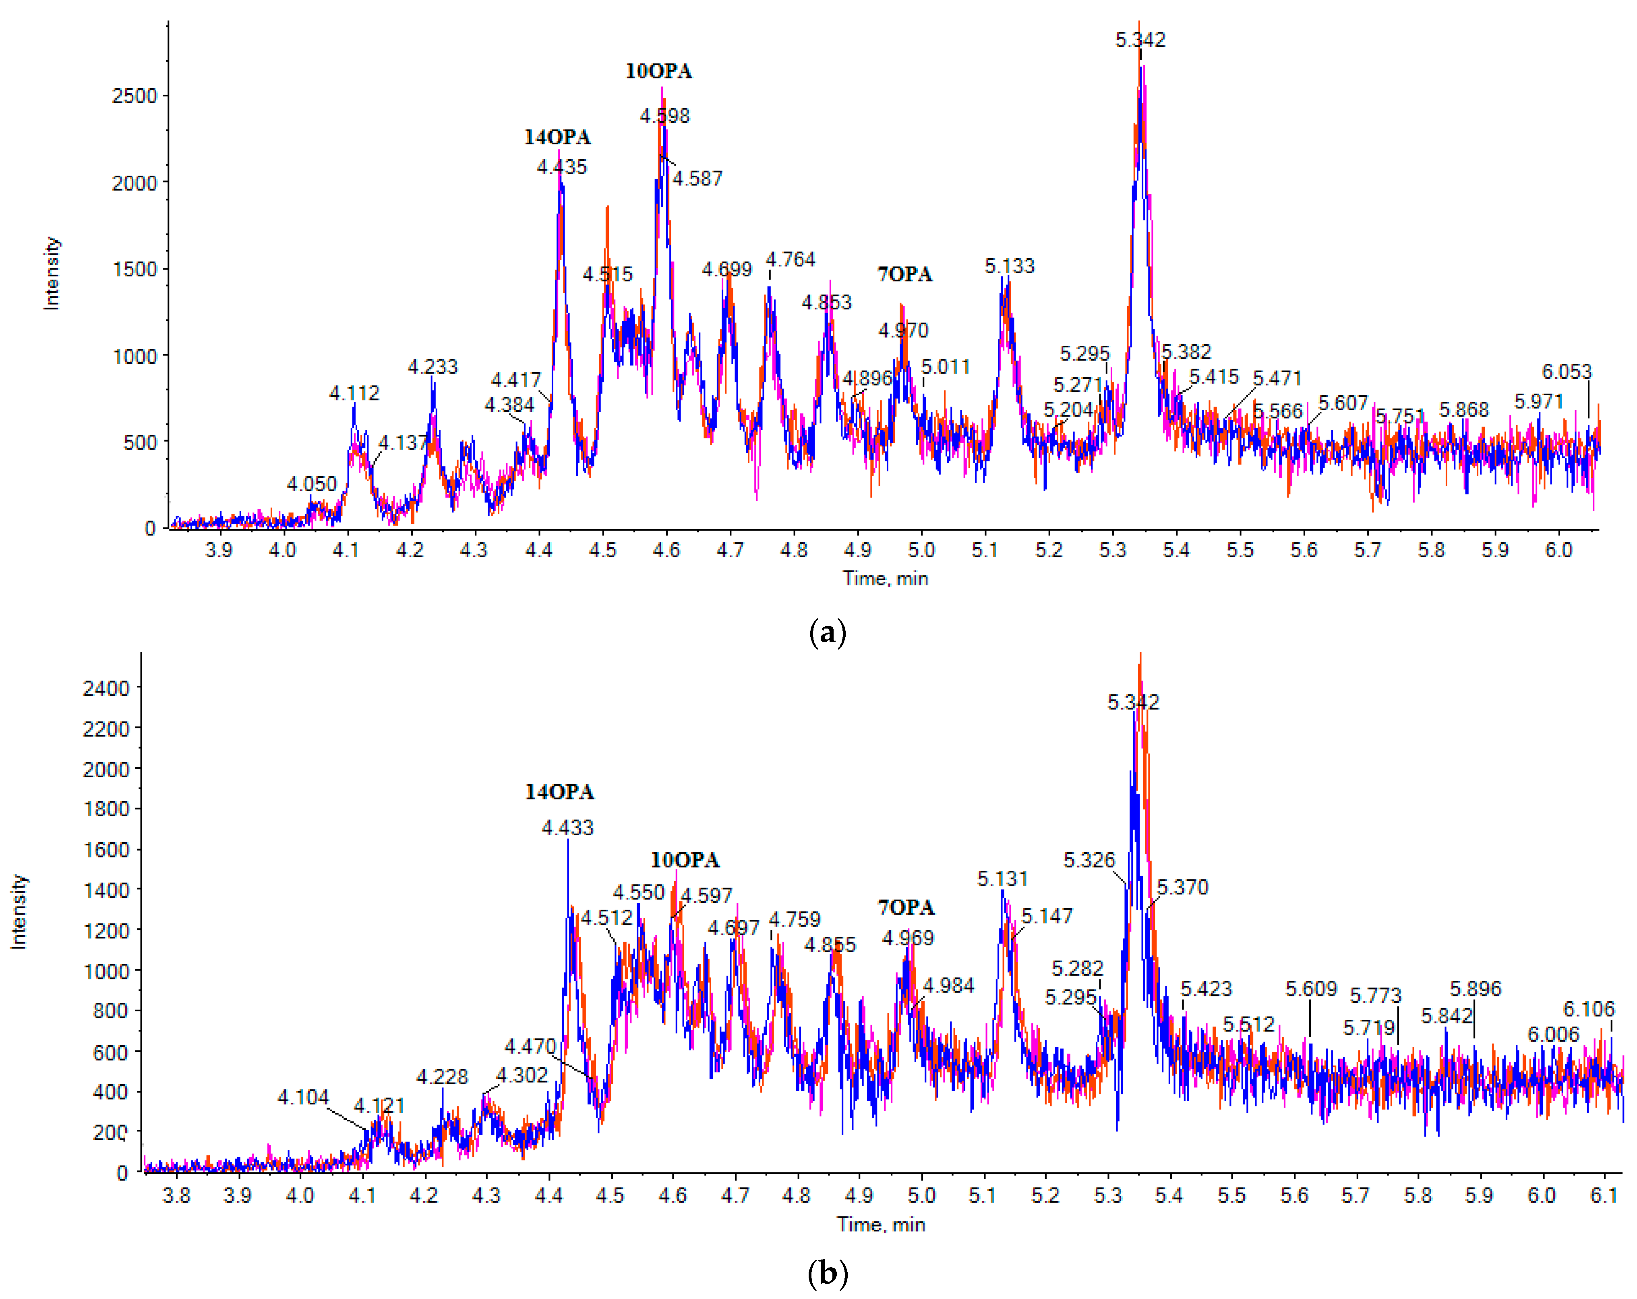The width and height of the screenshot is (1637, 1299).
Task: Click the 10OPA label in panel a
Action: click(658, 71)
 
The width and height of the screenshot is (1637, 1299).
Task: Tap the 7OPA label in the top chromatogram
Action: click(904, 274)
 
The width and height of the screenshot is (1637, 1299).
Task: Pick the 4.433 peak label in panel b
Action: click(567, 828)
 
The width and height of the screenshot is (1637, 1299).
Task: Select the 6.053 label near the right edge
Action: click(1567, 372)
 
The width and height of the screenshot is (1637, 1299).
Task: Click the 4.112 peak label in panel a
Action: click(354, 394)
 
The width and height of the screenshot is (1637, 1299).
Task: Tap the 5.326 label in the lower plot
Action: click(1089, 861)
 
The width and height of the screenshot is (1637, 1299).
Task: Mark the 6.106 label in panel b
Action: click(1588, 1010)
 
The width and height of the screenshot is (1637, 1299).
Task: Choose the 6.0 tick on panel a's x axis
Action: click(1558, 550)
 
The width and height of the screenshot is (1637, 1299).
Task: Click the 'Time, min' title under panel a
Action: click(885, 579)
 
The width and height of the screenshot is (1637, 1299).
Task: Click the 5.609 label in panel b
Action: click(1310, 989)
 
